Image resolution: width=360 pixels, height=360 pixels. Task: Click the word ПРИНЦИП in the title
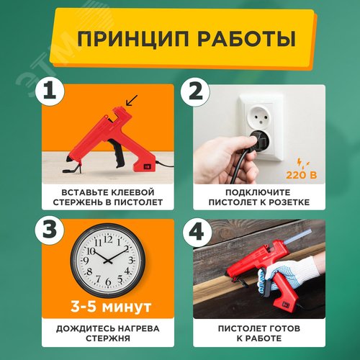(133, 39)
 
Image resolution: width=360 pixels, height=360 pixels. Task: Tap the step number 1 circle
(50, 91)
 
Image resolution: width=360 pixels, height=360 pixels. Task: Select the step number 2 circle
(195, 92)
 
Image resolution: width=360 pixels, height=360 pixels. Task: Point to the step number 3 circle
(50, 229)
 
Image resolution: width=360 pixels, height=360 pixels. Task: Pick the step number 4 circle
(197, 233)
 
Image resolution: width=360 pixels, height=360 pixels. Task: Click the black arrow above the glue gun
(132, 101)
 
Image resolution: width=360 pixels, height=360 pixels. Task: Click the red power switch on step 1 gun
(147, 166)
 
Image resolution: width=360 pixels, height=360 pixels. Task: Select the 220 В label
(301, 175)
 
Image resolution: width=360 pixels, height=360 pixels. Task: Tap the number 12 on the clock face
(108, 239)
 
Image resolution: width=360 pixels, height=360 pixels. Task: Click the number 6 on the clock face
(108, 282)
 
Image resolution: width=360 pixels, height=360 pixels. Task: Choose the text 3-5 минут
(111, 307)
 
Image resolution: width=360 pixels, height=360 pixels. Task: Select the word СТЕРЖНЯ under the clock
(108, 338)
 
